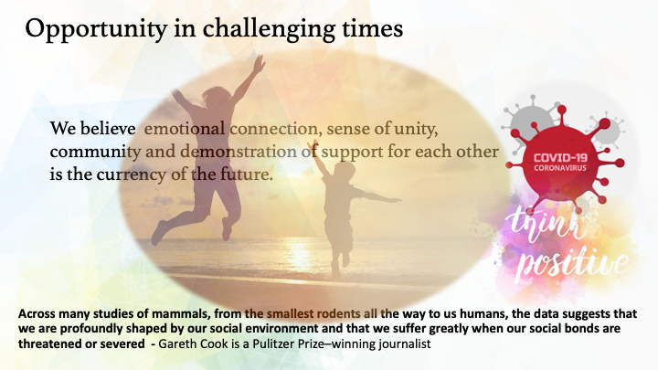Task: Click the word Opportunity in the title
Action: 96,29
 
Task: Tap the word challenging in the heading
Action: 269,29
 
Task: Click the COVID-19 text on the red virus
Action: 560,158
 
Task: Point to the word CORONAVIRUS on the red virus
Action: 560,168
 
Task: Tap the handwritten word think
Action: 546,227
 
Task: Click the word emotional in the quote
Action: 185,129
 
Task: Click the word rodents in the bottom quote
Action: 337,313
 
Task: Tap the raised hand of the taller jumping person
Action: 260,64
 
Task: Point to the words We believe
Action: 92,129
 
